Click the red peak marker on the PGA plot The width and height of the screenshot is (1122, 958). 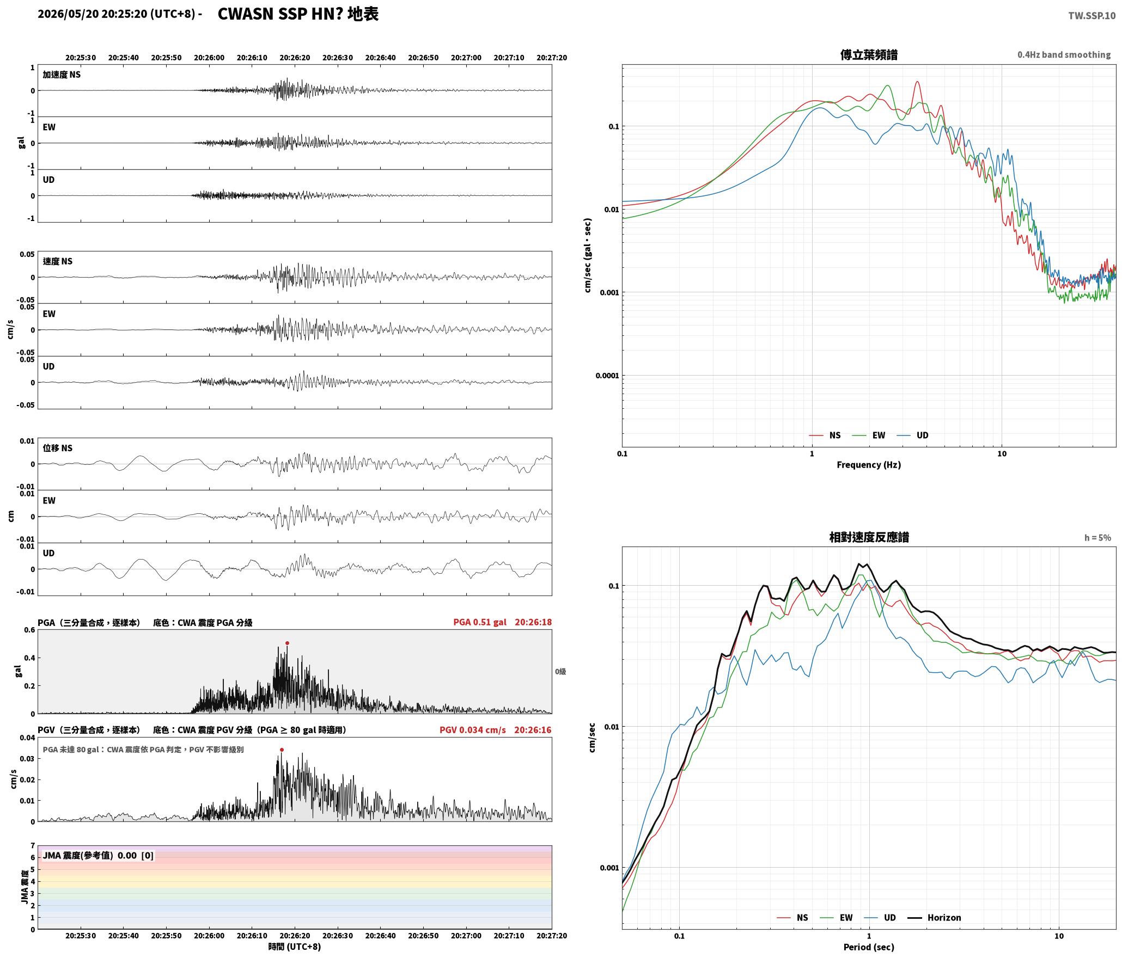point(287,643)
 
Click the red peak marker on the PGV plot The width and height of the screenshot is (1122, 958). point(282,750)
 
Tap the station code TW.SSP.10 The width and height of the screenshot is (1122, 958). point(1091,15)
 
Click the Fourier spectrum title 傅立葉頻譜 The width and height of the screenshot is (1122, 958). point(869,55)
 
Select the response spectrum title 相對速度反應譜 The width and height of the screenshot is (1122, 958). point(869,537)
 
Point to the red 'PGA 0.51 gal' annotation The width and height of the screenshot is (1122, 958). point(479,622)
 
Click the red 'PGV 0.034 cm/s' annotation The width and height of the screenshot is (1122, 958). point(472,730)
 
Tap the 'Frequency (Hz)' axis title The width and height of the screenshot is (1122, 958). point(869,465)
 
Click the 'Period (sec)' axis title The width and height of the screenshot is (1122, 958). point(869,947)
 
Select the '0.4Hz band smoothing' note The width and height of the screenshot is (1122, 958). point(1064,55)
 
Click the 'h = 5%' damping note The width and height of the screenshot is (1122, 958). point(1097,538)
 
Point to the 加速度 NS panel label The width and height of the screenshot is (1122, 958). point(62,75)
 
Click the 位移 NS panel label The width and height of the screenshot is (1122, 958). point(57,448)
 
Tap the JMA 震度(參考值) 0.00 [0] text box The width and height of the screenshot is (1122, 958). point(98,855)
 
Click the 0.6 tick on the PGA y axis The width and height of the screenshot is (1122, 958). point(29,630)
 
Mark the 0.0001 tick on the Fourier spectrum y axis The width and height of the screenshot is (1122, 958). point(606,376)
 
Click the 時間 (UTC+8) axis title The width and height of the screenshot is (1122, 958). point(295,947)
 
